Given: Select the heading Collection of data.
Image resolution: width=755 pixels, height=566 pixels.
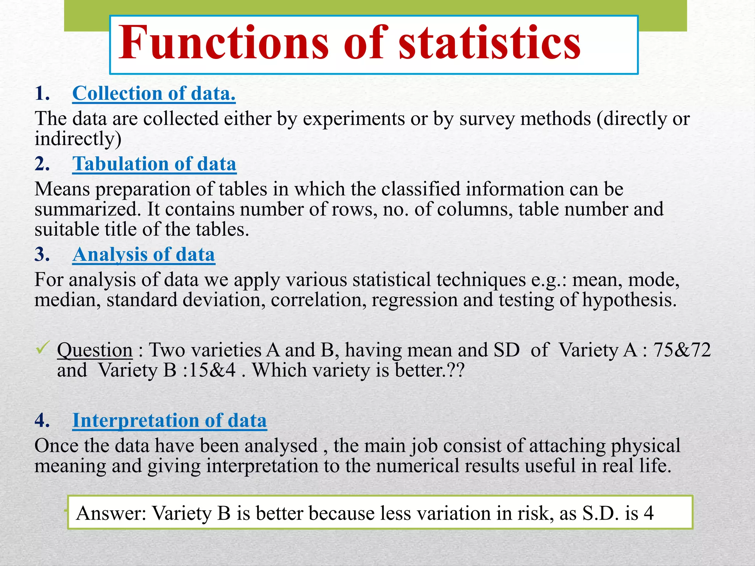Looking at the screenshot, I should tap(154, 94).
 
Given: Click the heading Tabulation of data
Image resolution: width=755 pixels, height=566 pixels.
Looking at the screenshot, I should tap(154, 164).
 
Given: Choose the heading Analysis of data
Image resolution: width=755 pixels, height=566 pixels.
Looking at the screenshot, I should tap(143, 255).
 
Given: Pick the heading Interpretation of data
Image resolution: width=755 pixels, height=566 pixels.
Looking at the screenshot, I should tap(169, 420).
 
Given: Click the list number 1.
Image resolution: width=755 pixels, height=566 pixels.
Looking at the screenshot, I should tap(42, 94).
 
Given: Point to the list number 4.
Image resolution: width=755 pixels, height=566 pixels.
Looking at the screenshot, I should tap(42, 420).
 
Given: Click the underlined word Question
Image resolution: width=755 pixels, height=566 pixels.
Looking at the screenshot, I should tap(95, 350).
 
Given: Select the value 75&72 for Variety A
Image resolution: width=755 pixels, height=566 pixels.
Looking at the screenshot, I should tap(682, 350).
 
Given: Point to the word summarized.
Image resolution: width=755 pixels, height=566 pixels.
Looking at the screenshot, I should tap(88, 209).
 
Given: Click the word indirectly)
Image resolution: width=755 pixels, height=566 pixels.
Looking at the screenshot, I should tap(78, 139).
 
